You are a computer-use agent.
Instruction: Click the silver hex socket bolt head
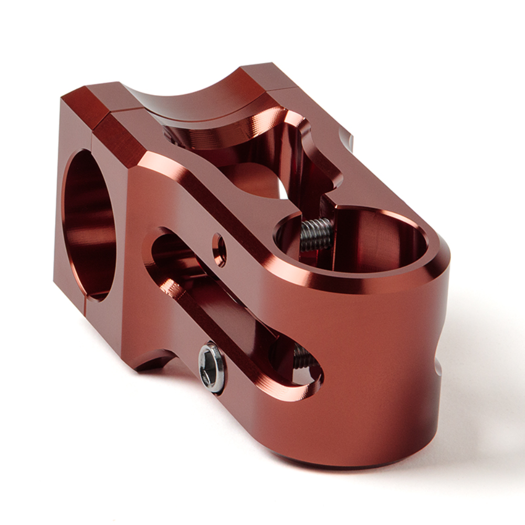(x=212, y=367)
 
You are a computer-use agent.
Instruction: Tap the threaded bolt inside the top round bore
(x=316, y=234)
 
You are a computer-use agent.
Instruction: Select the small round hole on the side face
(x=219, y=249)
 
